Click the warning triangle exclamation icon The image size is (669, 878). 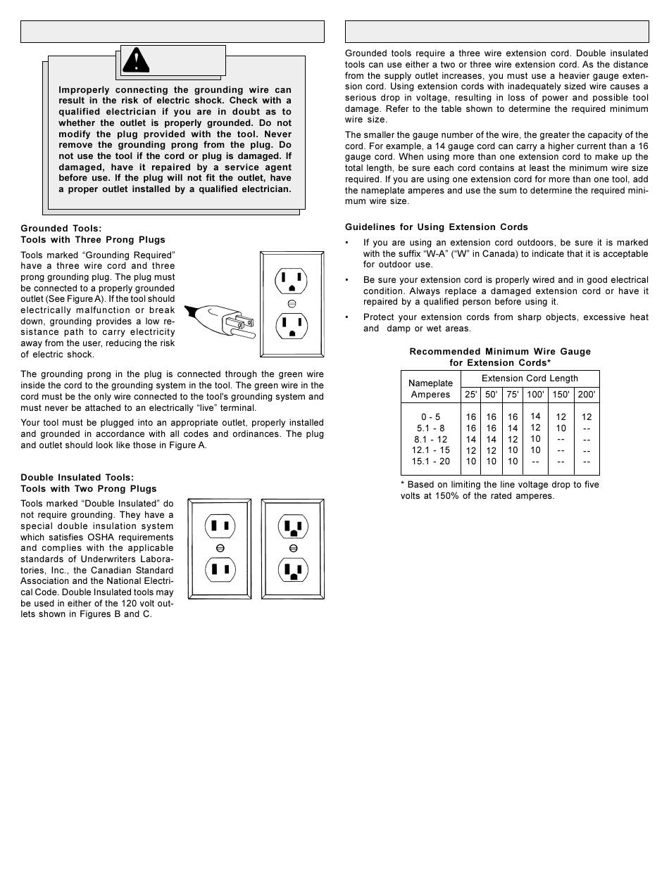136,61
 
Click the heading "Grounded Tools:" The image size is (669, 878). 61,229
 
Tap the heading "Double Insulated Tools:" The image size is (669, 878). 77,478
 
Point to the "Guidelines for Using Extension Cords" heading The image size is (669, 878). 437,227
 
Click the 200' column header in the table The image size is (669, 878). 587,395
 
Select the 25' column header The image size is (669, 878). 470,395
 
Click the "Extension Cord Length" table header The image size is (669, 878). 530,378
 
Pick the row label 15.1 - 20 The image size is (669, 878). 431,462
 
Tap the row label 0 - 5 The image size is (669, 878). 431,416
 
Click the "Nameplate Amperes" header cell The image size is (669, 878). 430,389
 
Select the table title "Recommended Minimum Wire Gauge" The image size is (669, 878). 500,352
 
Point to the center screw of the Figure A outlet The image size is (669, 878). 292,304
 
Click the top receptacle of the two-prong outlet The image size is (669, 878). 220,526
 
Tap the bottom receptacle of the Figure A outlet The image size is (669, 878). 292,325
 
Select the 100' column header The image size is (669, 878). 535,395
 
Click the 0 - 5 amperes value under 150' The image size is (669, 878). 561,416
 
